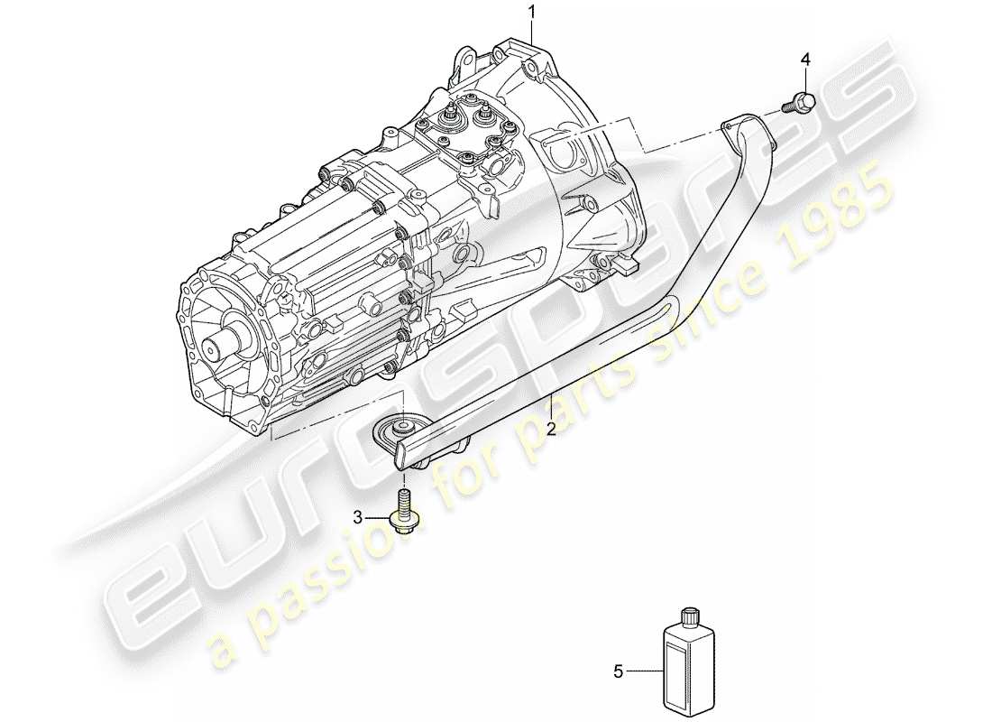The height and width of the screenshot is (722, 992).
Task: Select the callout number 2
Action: click(x=550, y=430)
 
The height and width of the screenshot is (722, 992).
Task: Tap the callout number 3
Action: click(x=358, y=517)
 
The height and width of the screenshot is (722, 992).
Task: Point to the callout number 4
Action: click(x=805, y=60)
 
